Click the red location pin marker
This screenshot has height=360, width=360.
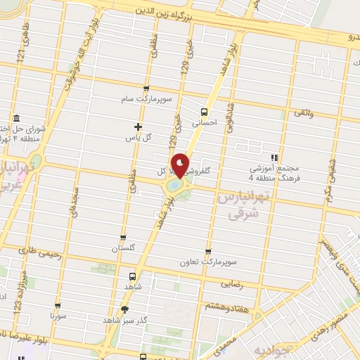[x=181, y=165]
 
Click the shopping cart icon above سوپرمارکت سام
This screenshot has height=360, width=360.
[x=146, y=89]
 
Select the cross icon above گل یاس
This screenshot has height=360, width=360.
[x=138, y=127]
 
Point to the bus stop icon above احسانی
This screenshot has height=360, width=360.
[x=205, y=111]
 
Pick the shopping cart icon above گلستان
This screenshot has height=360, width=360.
[x=124, y=238]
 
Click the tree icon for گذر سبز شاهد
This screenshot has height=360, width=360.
[x=125, y=309]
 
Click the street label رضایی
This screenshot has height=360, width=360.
[x=233, y=284]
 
